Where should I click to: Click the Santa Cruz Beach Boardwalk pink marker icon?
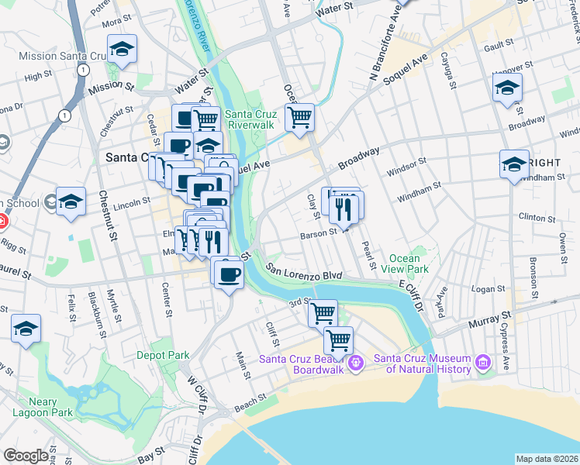[x=356, y=362]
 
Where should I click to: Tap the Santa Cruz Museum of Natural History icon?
[x=484, y=362]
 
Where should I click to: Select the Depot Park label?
[x=163, y=355]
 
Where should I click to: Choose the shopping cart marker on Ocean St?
[x=299, y=119]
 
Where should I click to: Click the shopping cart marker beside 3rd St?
[x=322, y=314]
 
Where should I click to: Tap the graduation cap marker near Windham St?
[x=514, y=164]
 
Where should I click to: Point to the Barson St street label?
[x=319, y=232]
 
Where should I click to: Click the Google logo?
[x=26, y=456]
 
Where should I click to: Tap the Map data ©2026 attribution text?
[x=547, y=459]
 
